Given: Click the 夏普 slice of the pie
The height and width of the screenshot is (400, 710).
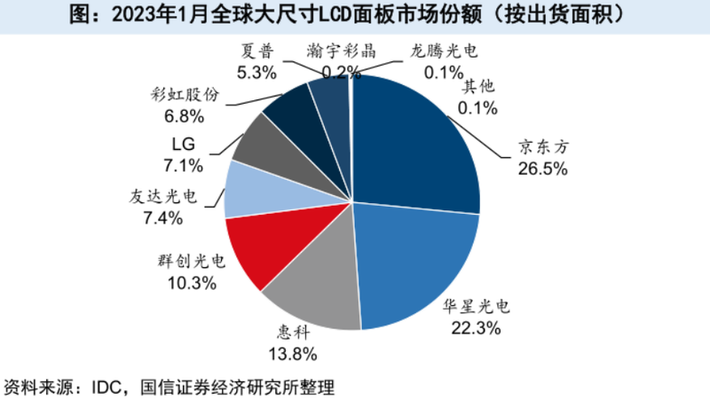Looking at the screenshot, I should tap(328, 102).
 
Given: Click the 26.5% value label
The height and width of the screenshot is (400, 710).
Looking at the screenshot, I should tap(542, 168).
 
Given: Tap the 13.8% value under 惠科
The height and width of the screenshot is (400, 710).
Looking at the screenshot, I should tap(294, 355).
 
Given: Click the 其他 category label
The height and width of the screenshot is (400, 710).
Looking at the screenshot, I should tap(480, 86).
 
